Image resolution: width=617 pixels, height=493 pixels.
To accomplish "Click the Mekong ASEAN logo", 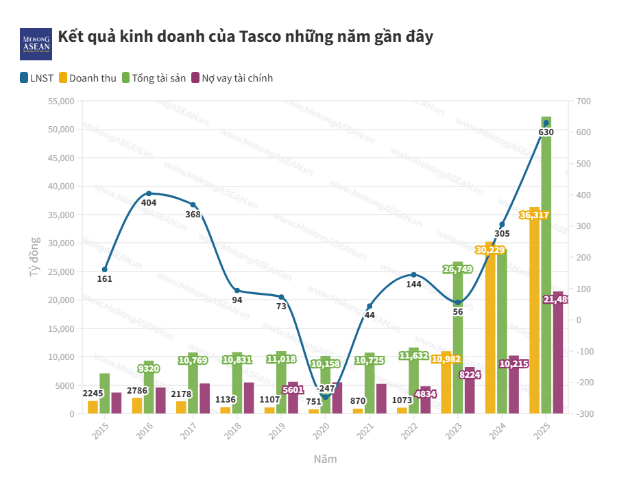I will [x=36, y=43].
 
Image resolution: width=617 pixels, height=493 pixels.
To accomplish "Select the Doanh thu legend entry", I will [x=88, y=78].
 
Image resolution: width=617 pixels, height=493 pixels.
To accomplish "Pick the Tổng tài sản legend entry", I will [x=154, y=78].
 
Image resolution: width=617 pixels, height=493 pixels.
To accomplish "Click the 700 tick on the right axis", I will [x=583, y=101].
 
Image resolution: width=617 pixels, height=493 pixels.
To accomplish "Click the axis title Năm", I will [x=325, y=459].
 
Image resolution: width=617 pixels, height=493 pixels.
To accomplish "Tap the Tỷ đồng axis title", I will [x=34, y=257].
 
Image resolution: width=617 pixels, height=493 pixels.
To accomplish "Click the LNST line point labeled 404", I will [x=149, y=193].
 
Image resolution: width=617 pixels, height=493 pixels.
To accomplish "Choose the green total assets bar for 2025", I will [x=546, y=274].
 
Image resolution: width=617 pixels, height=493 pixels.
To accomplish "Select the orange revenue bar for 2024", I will [x=490, y=329].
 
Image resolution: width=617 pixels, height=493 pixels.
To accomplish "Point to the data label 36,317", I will [x=534, y=215].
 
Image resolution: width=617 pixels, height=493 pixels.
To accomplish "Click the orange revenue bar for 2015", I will [x=93, y=407].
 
